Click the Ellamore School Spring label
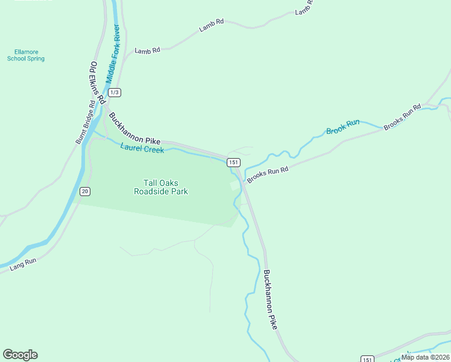pyautogui.click(x=26, y=55)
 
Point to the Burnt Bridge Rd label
pyautogui.click(x=85, y=122)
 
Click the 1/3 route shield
pyautogui.click(x=115, y=92)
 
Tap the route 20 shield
pyautogui.click(x=84, y=191)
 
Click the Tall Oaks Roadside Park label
pyautogui.click(x=160, y=187)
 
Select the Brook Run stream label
pyautogui.click(x=342, y=127)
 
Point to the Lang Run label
pyautogui.click(x=24, y=262)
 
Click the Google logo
pyautogui.click(x=20, y=355)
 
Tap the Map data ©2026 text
pyautogui.click(x=425, y=357)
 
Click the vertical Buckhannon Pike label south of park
pyautogui.click(x=270, y=299)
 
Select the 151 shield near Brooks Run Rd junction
pyautogui.click(x=234, y=162)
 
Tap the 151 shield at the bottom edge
pyautogui.click(x=367, y=359)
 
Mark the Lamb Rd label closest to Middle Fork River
pyautogui.click(x=147, y=51)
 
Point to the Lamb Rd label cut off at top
pyautogui.click(x=304, y=8)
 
